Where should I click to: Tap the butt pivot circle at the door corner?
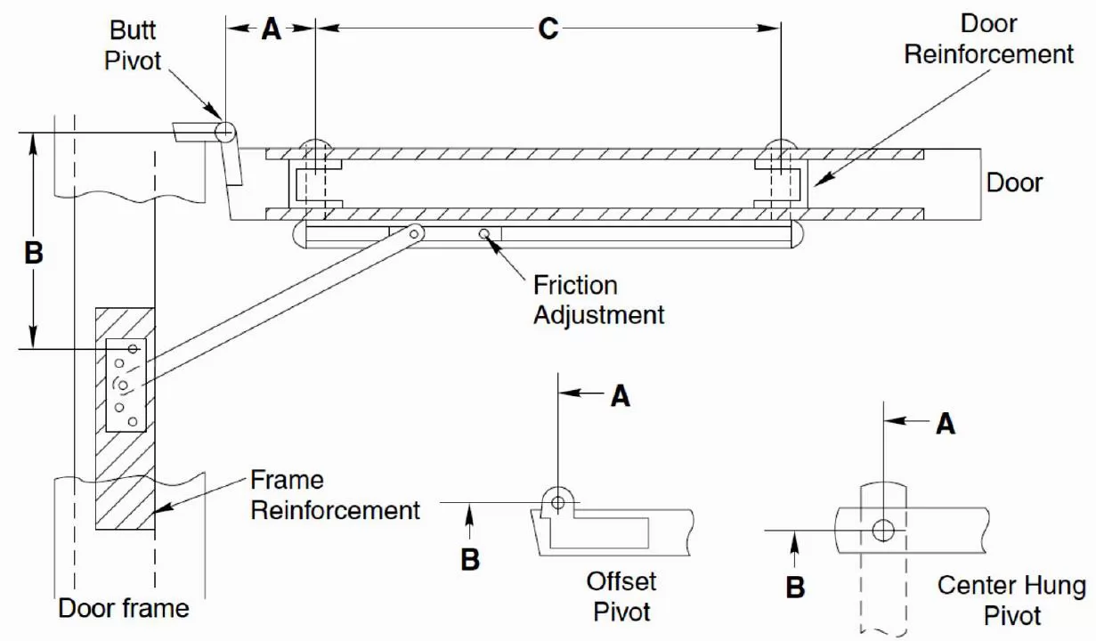(x=223, y=132)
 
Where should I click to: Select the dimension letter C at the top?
(x=548, y=28)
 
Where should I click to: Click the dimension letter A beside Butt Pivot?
(x=271, y=29)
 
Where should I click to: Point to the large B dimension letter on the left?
(x=33, y=253)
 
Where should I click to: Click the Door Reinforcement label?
(x=989, y=38)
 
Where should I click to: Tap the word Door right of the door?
(x=1014, y=183)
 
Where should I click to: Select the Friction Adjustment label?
(x=598, y=300)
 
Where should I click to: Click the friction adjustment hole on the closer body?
(x=484, y=234)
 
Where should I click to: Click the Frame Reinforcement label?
(x=335, y=495)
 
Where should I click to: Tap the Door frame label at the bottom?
(x=124, y=609)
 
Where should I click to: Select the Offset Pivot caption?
(x=621, y=596)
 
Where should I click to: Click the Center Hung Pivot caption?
(x=1011, y=600)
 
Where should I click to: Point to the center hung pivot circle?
(x=882, y=531)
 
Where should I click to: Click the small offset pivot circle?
(x=557, y=503)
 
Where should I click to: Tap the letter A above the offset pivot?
(x=621, y=396)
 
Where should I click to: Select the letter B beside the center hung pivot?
(x=796, y=587)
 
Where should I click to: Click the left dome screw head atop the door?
(x=315, y=145)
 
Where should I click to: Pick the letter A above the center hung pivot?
(x=946, y=424)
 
